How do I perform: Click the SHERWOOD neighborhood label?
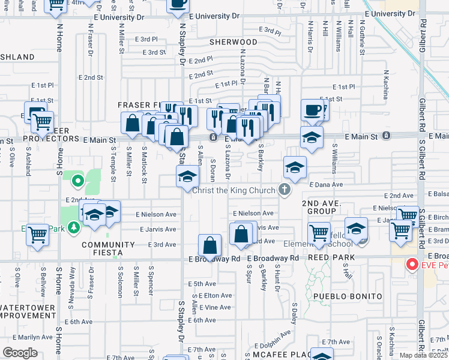(234, 43)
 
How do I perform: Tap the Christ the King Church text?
(234, 190)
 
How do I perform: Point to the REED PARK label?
(331, 257)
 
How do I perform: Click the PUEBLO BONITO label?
(348, 296)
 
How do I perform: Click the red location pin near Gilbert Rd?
(412, 263)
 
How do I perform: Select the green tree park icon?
(73, 227)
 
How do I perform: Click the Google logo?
(20, 352)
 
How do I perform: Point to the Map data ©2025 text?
(424, 355)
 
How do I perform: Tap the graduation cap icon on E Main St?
(312, 139)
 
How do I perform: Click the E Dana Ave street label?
(325, 185)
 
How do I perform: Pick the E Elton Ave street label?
(217, 295)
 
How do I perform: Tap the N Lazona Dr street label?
(243, 71)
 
